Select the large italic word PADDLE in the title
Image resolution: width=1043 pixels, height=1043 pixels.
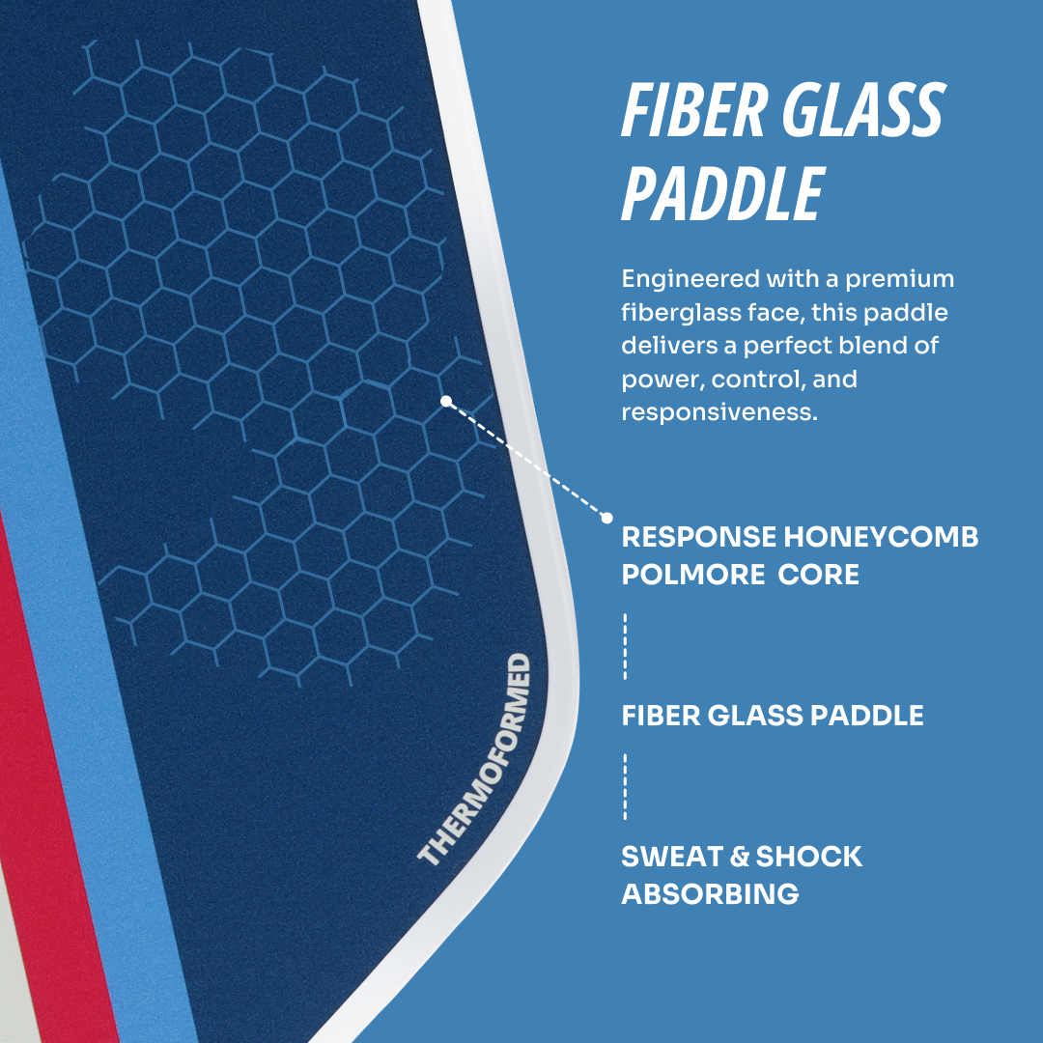(x=723, y=193)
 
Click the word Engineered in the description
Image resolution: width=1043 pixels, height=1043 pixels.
(x=690, y=279)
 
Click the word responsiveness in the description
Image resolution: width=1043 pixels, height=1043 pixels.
(x=719, y=413)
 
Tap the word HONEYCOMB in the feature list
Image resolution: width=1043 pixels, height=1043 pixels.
(x=881, y=537)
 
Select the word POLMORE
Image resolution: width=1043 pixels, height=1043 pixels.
(x=692, y=575)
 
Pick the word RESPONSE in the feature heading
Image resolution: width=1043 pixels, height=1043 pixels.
(x=698, y=537)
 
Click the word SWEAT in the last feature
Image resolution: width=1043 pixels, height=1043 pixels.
(x=672, y=857)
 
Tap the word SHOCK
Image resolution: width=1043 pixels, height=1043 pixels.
(x=809, y=857)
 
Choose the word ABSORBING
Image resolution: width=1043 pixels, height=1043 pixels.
(x=710, y=894)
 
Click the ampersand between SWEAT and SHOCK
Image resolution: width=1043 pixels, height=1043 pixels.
(x=740, y=857)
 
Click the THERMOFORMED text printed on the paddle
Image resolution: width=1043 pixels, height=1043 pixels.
(x=474, y=759)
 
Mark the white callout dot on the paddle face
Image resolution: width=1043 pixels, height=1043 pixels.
(x=446, y=401)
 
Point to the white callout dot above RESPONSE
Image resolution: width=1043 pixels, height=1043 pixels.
(x=606, y=518)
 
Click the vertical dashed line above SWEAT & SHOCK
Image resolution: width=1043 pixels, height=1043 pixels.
(x=625, y=786)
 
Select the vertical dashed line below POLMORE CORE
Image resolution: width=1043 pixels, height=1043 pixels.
(x=625, y=646)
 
